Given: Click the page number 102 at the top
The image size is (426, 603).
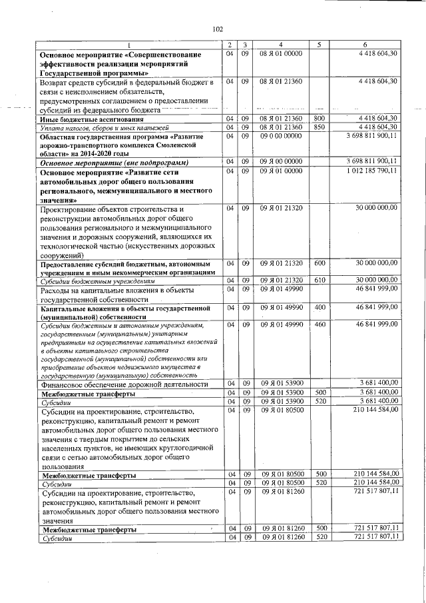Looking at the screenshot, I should [217, 29].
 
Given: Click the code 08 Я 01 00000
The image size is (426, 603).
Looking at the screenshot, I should [282, 53].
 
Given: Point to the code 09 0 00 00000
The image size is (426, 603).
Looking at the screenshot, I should [282, 136].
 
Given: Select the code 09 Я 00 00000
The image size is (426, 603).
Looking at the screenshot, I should [282, 161].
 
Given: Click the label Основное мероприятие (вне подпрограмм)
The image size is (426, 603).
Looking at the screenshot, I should [114, 162].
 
